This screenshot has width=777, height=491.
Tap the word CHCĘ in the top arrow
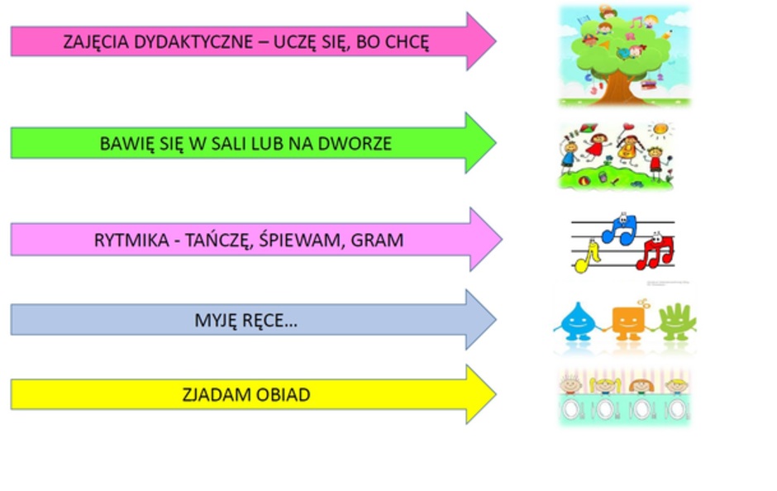[407, 42]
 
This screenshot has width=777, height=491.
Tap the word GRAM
[378, 241]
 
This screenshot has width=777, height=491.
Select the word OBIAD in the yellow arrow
[282, 395]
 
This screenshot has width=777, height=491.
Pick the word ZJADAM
[215, 395]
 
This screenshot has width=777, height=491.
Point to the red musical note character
[656, 249]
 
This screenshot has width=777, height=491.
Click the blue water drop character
[576, 321]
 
